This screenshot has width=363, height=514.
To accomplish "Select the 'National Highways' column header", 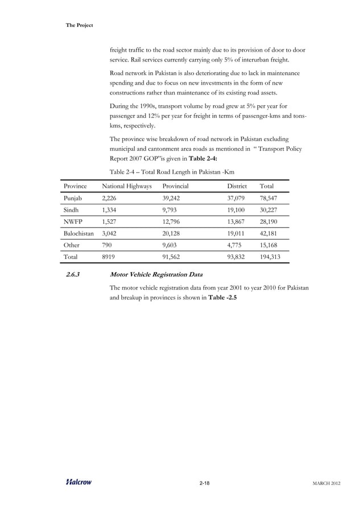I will click(127, 186).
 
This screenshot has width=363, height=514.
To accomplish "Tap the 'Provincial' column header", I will click(175, 186).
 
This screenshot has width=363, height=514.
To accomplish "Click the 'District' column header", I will click(237, 186).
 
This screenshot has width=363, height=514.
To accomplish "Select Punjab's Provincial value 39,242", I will click(174, 200).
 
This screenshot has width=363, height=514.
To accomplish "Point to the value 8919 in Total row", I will click(110, 257).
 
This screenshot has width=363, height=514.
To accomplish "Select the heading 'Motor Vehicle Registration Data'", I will click(156, 275).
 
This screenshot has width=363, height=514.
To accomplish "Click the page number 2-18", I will click(204, 483).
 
